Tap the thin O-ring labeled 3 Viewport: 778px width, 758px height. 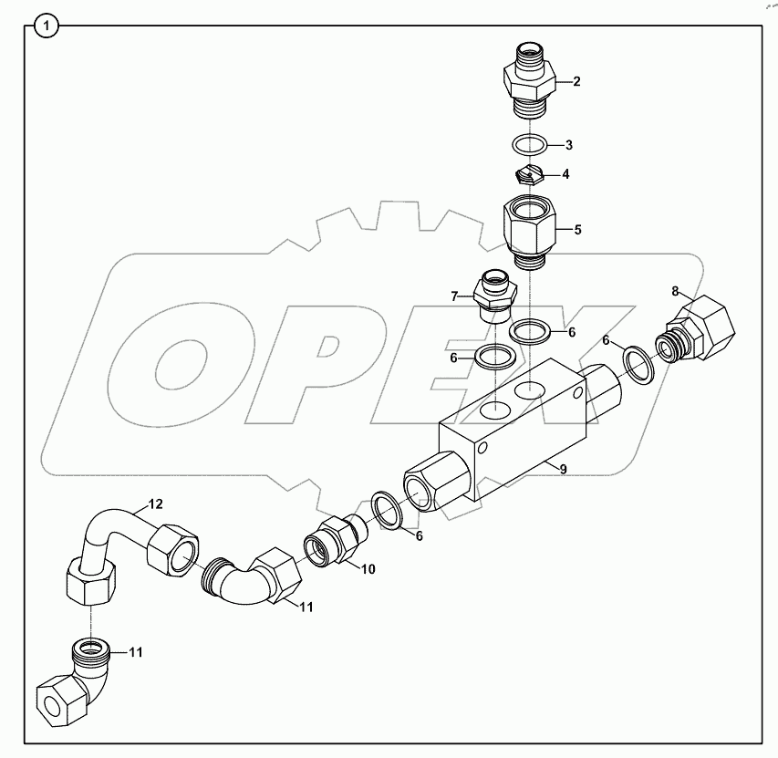(528, 144)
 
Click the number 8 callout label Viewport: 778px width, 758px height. (676, 291)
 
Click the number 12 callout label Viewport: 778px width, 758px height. (156, 504)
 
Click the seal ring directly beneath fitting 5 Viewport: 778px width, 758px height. (528, 330)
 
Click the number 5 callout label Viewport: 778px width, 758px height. (576, 230)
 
